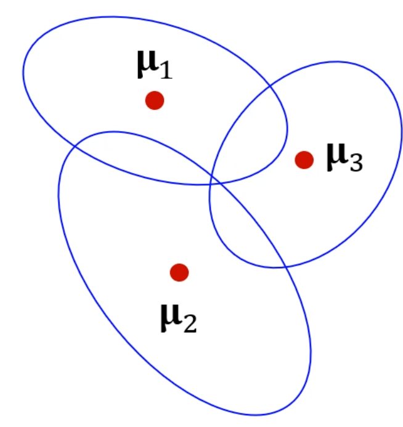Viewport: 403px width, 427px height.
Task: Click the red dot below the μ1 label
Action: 154,100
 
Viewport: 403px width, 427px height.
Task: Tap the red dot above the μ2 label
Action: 179,272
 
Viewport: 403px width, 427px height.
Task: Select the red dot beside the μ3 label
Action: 304,160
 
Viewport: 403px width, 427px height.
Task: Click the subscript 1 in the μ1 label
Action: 164,70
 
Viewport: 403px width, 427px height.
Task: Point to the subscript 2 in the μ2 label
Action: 189,323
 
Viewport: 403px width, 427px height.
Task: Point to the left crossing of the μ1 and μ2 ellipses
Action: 75,145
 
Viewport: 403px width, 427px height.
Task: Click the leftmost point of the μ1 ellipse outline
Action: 23,72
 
